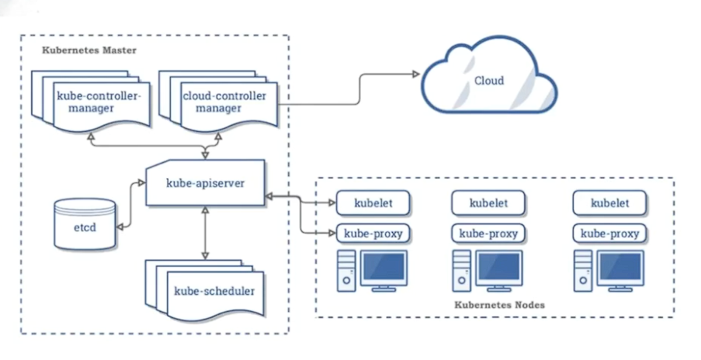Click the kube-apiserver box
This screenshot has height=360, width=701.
click(x=205, y=183)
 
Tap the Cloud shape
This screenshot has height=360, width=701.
click(x=489, y=80)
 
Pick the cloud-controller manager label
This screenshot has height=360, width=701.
click(x=224, y=102)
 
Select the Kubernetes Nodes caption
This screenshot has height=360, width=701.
click(x=499, y=305)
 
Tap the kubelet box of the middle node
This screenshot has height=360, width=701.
click(x=489, y=203)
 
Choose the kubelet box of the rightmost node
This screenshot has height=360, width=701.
click(x=610, y=203)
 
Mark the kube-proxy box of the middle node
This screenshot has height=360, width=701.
click(x=489, y=233)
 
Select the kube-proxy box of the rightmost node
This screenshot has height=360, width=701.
click(x=610, y=233)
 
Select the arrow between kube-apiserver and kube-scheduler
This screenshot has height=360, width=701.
click(x=205, y=233)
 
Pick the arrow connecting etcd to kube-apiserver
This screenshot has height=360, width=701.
click(x=129, y=203)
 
